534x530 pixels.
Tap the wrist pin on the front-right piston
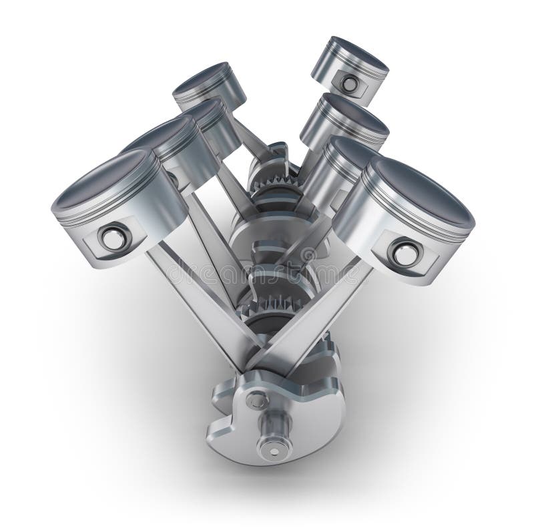[x=403, y=254]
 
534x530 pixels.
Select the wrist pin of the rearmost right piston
[x=349, y=83]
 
